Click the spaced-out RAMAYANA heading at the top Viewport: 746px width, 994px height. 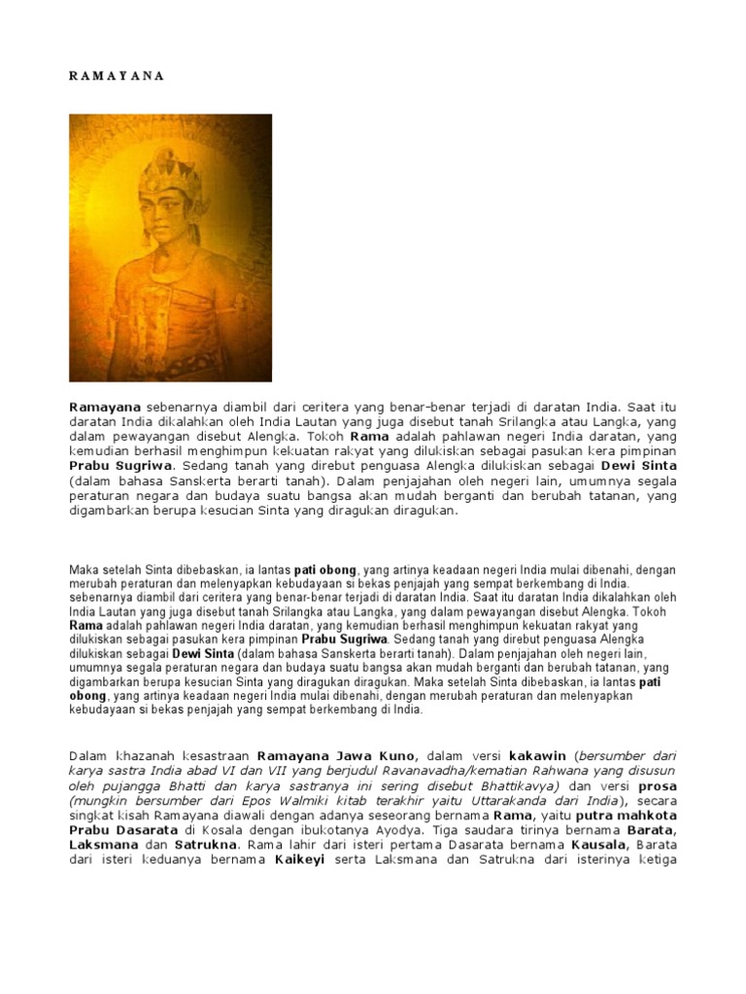(117, 77)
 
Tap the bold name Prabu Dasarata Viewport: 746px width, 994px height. (121, 832)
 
